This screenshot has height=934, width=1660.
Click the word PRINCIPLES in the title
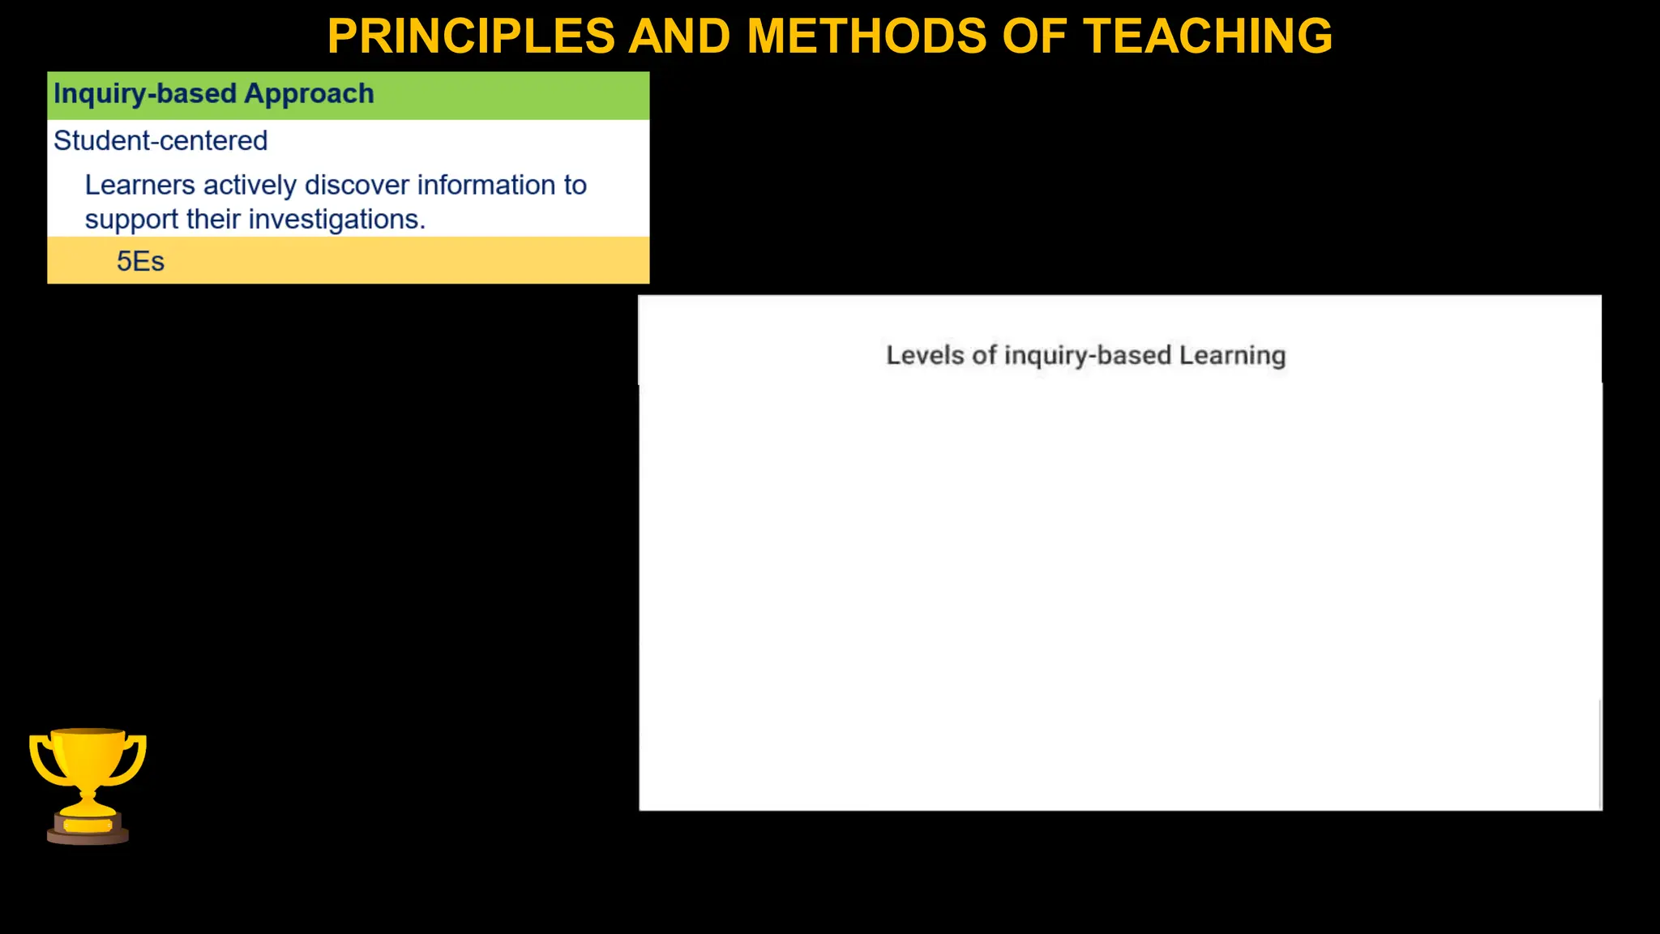coord(471,36)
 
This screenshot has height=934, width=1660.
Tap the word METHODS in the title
coord(866,36)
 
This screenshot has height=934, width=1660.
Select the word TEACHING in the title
coord(1208,36)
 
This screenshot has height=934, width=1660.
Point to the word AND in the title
coord(679,36)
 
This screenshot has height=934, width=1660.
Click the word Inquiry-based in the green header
coord(144,94)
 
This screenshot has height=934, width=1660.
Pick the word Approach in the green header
coord(309,94)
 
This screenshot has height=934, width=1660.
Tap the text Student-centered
coord(160,141)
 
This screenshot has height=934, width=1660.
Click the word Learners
coord(139,186)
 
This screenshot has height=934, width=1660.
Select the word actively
coord(250,186)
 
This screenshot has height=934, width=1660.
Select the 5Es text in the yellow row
coord(140,262)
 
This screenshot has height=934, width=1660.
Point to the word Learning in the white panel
coord(1232,355)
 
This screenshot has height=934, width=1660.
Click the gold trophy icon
coord(88,770)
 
